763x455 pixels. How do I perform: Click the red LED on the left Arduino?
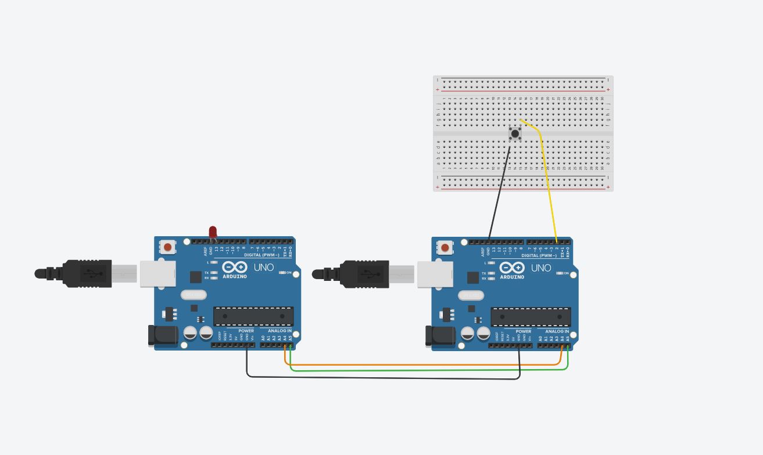213,232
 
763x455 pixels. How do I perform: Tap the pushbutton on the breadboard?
515,134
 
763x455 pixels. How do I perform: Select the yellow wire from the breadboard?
547,174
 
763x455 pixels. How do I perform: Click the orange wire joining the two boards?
407,364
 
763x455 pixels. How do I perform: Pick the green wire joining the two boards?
407,370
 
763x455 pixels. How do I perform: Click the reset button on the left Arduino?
168,247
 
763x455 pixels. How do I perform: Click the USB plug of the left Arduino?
87,273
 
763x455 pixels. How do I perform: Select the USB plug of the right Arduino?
364,273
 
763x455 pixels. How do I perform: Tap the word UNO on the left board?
264,268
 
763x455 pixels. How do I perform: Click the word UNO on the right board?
541,268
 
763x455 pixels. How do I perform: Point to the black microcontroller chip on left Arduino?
253,316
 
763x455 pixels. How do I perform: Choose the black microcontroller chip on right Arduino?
531,316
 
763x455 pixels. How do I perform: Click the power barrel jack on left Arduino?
162,336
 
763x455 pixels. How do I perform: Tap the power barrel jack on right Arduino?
439,336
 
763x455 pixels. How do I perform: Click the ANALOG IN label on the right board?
557,331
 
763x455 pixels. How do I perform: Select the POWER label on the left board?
246,331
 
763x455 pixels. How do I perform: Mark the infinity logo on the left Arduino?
235,267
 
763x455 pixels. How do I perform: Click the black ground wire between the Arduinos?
384,378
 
